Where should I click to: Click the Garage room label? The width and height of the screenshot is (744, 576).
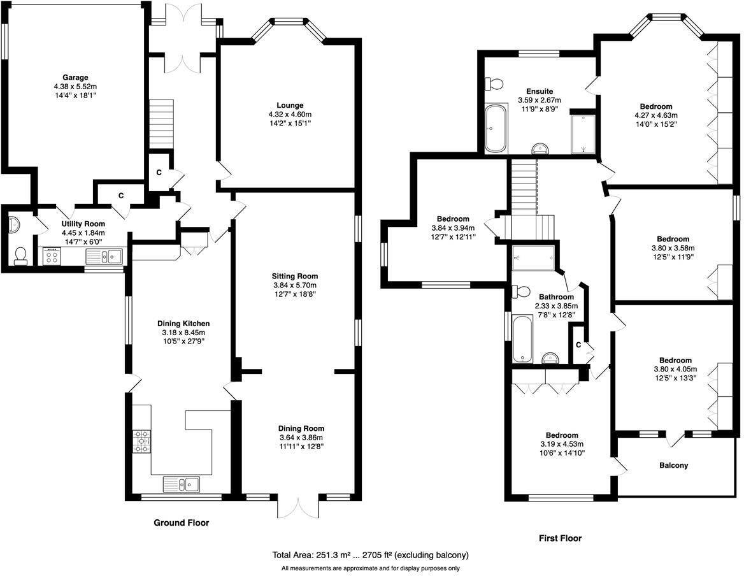click(x=75, y=78)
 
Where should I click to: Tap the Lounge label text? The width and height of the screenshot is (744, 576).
click(x=290, y=105)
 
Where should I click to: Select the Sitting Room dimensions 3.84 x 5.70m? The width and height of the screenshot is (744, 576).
click(x=294, y=285)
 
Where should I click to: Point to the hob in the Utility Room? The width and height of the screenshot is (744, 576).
click(x=52, y=257)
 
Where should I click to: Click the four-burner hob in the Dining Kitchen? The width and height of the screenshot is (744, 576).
click(x=142, y=441)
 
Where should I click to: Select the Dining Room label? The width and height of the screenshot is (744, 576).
click(x=301, y=428)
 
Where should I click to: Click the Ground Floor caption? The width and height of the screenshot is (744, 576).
click(x=182, y=523)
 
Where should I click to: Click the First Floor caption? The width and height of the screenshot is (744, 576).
click(x=560, y=538)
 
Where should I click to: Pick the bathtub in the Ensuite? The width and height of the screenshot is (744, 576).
click(x=494, y=129)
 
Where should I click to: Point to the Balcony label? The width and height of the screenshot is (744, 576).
click(x=673, y=465)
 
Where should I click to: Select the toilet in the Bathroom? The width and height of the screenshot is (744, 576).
click(x=521, y=291)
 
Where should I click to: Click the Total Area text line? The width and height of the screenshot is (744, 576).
click(x=371, y=555)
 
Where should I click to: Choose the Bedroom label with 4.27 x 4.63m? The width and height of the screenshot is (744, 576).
click(x=656, y=106)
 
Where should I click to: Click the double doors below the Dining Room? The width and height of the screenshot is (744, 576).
click(x=297, y=507)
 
